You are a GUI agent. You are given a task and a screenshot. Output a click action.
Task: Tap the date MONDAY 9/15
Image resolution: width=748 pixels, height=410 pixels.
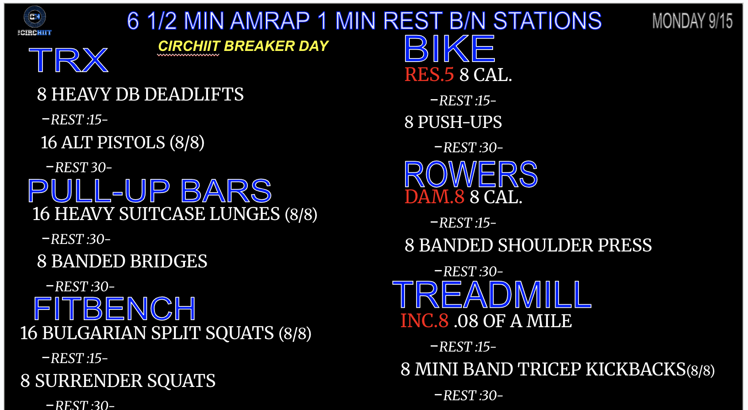coord(692,21)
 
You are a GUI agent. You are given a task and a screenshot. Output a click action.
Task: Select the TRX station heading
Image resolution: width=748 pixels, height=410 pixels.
coord(69,61)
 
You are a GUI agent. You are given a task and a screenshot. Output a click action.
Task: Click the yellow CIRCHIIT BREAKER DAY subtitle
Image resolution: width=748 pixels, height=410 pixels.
coord(243,46)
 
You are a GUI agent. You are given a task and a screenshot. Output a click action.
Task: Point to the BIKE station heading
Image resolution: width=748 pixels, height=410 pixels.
coord(449,49)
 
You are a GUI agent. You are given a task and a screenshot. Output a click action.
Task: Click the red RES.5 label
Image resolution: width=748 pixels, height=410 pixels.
coord(429,74)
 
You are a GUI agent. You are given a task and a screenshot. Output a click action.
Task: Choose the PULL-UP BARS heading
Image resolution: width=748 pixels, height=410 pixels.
coord(150,191)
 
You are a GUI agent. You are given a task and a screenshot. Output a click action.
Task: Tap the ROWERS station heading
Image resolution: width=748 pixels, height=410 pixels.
coord(470,174)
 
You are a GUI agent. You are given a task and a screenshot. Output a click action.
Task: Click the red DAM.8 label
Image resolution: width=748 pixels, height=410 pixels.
coord(434,197)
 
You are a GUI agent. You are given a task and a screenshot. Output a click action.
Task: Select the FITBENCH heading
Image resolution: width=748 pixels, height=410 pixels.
coord(115,309)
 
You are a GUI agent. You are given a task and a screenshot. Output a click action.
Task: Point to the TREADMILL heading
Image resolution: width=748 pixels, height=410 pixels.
coord(492,294)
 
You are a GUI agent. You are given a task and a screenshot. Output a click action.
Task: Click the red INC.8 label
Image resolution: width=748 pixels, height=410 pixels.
coord(424,321)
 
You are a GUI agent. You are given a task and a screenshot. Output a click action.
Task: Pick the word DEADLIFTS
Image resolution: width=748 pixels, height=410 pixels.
coord(194,94)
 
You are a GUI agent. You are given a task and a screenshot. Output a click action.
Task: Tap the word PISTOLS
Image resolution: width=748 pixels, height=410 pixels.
coord(131,143)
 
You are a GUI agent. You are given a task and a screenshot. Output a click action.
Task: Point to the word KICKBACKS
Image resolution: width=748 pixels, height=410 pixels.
coord(636,370)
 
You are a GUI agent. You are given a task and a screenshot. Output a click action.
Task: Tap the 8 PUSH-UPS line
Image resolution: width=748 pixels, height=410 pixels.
coord(453,122)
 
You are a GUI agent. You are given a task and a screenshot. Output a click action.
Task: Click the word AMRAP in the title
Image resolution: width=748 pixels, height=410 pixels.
coord(270,21)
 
